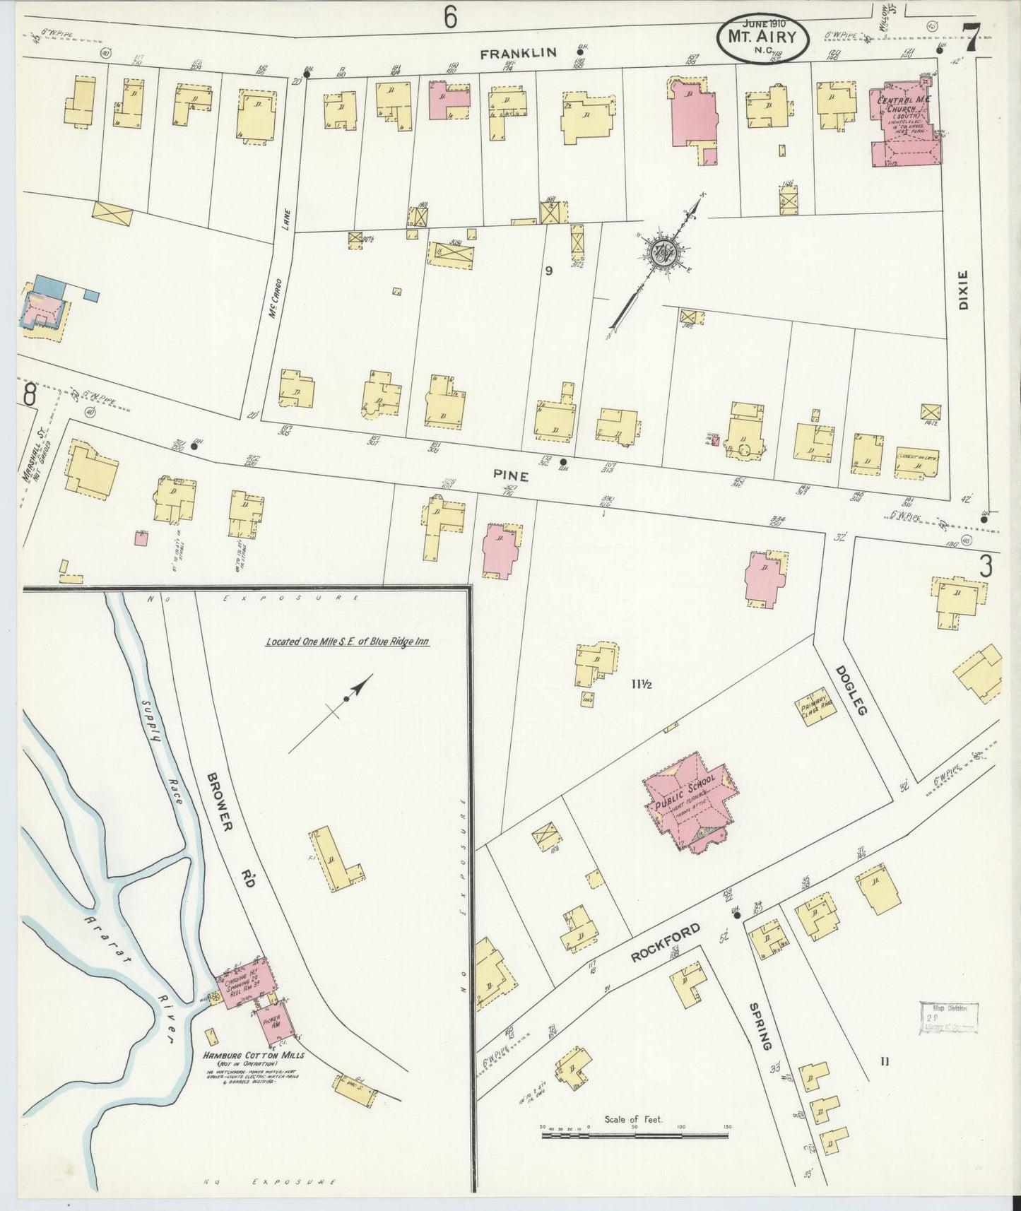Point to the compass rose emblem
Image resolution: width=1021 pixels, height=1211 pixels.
click(x=663, y=252)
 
